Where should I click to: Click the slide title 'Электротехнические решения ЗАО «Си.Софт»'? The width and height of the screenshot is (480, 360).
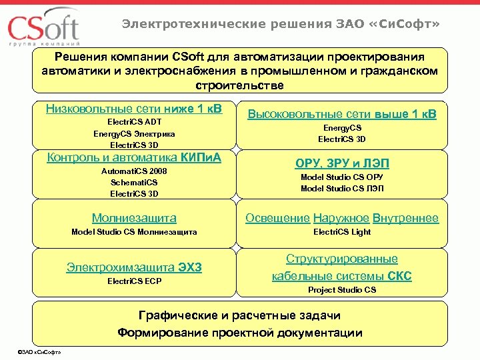tap(280, 25)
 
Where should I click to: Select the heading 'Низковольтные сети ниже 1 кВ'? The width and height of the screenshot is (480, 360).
tap(134, 109)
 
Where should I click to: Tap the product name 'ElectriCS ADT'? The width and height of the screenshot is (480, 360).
tap(134, 122)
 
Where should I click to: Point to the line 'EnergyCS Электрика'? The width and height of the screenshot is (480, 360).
tap(134, 133)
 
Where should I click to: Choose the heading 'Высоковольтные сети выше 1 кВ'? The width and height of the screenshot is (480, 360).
tap(342, 114)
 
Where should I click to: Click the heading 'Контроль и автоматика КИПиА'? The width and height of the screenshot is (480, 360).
tap(134, 158)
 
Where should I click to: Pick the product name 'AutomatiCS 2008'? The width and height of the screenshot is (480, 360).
tap(134, 171)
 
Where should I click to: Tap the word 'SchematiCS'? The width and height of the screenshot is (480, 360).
tap(134, 182)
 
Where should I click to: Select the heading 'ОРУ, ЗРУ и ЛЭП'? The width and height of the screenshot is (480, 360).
tap(342, 163)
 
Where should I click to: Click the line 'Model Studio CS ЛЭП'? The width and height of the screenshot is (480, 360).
tap(342, 189)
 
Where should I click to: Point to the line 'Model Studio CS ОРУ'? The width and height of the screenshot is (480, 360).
tap(342, 177)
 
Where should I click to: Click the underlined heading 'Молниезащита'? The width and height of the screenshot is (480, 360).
tap(134, 218)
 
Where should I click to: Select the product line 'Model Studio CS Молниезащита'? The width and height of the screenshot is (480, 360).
tap(134, 232)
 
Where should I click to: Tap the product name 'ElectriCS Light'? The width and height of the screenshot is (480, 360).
tap(342, 232)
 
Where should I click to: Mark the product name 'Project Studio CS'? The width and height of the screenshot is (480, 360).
tap(342, 290)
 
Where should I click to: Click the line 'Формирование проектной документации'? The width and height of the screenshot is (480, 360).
tap(240, 333)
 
